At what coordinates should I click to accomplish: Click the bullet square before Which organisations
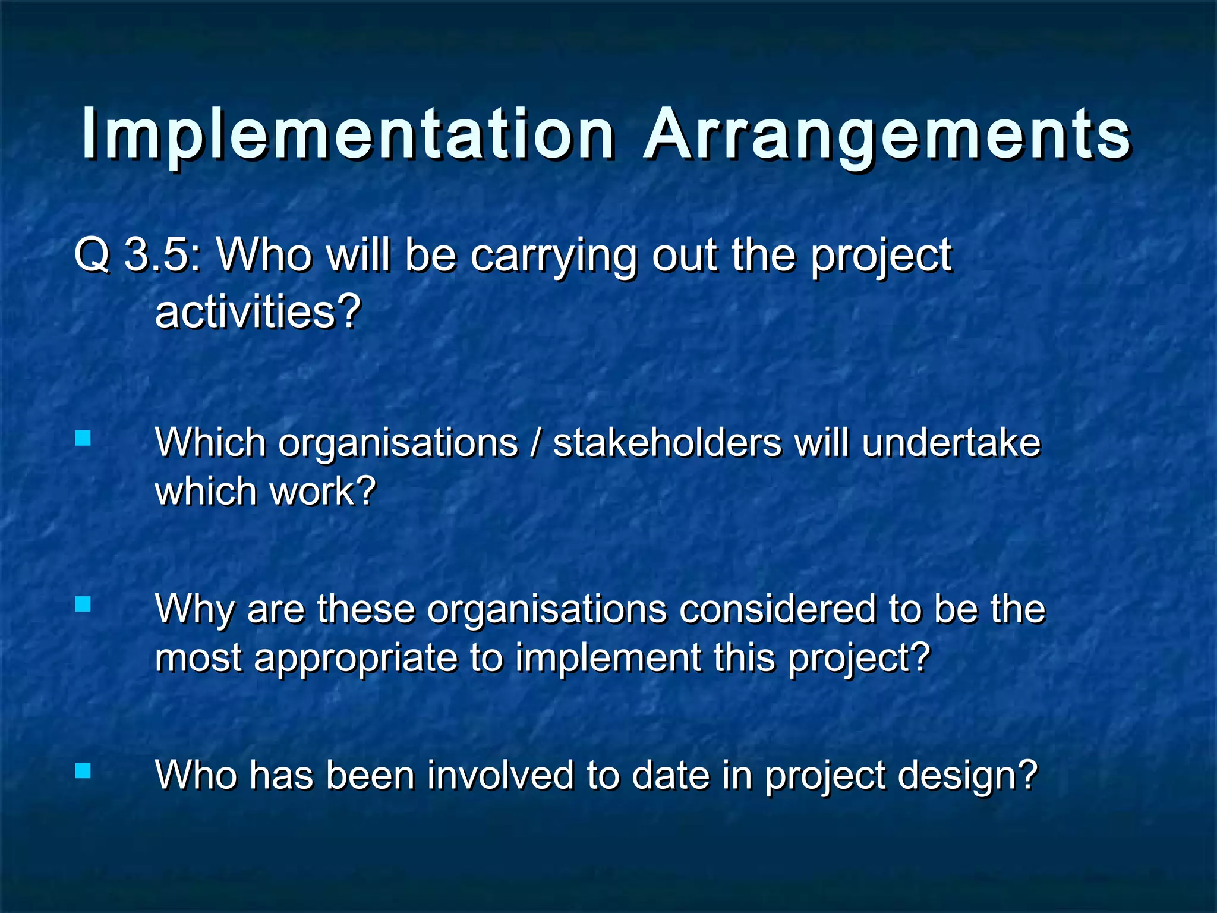click(83, 439)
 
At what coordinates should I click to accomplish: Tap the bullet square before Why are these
click(83, 605)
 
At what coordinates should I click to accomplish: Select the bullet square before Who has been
click(83, 771)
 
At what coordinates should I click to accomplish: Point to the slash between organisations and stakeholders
click(536, 444)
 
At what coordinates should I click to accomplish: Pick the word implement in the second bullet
click(608, 659)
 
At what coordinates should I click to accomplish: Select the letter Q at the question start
click(92, 256)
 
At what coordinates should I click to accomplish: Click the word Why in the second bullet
click(194, 610)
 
